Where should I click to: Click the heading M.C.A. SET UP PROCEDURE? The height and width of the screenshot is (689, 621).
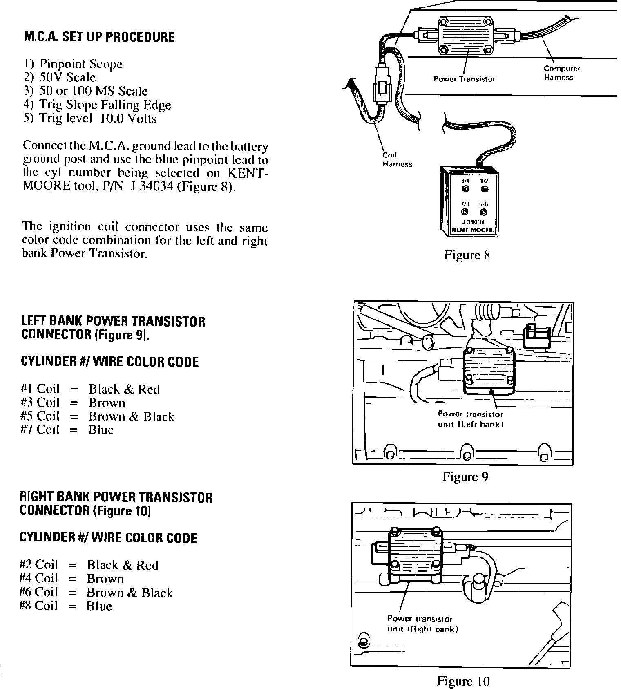tap(99, 37)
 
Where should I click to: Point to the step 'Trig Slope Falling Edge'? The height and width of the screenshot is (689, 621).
tap(97, 105)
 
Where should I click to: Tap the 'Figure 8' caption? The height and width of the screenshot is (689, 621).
tap(467, 255)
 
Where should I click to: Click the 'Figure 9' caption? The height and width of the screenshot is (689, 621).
tap(465, 476)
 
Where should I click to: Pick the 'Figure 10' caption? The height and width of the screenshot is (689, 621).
tap(463, 681)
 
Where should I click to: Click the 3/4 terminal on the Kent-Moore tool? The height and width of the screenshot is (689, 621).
tap(466, 189)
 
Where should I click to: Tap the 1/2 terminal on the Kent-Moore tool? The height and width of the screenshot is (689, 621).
tap(484, 189)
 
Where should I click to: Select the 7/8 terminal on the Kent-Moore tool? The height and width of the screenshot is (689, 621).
tap(465, 212)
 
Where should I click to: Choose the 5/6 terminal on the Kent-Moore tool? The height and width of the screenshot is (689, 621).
tap(484, 212)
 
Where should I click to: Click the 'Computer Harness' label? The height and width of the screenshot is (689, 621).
tap(561, 73)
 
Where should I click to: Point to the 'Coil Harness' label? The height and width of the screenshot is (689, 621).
tap(397, 160)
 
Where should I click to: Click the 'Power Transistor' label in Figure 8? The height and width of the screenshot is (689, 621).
tap(464, 79)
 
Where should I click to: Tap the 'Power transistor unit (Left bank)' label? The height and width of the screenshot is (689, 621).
tap(470, 419)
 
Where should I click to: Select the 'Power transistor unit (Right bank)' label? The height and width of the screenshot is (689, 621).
tap(422, 624)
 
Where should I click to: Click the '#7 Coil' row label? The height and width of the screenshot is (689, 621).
tap(40, 430)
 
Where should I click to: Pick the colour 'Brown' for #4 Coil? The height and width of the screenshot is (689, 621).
tap(105, 579)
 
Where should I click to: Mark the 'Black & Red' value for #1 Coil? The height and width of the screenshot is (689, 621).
tap(124, 389)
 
